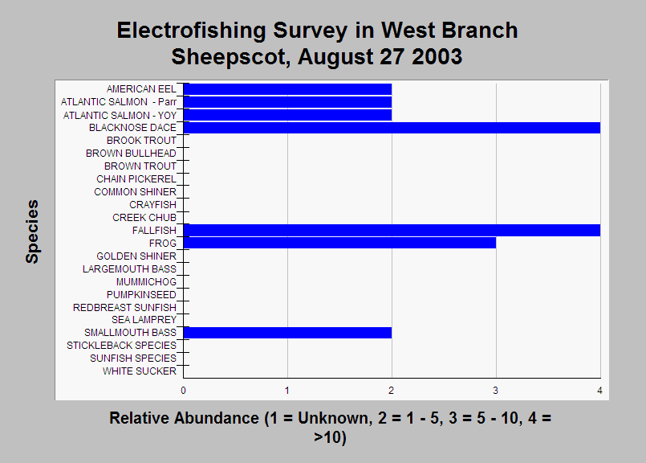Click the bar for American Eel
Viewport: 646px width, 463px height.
(287, 89)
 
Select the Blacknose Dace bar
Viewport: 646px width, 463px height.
(392, 128)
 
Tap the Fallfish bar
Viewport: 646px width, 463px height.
(392, 230)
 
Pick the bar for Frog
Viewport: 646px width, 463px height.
(340, 243)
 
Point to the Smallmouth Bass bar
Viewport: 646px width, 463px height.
(287, 333)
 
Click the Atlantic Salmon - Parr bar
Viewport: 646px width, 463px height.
(287, 102)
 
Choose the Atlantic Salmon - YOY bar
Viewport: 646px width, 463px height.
(287, 115)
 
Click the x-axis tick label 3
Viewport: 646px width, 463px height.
(496, 391)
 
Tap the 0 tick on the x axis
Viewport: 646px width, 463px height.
(183, 391)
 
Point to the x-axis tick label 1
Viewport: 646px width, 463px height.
(287, 391)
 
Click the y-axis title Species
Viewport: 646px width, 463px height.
(32, 231)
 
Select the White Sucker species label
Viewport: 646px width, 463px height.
(140, 371)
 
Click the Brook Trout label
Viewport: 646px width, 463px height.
(141, 141)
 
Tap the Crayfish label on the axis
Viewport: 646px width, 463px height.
(152, 205)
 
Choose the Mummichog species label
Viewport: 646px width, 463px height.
(146, 282)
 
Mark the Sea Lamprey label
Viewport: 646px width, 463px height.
(144, 320)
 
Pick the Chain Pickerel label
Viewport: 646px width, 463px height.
(136, 179)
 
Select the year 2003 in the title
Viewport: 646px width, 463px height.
(437, 56)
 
